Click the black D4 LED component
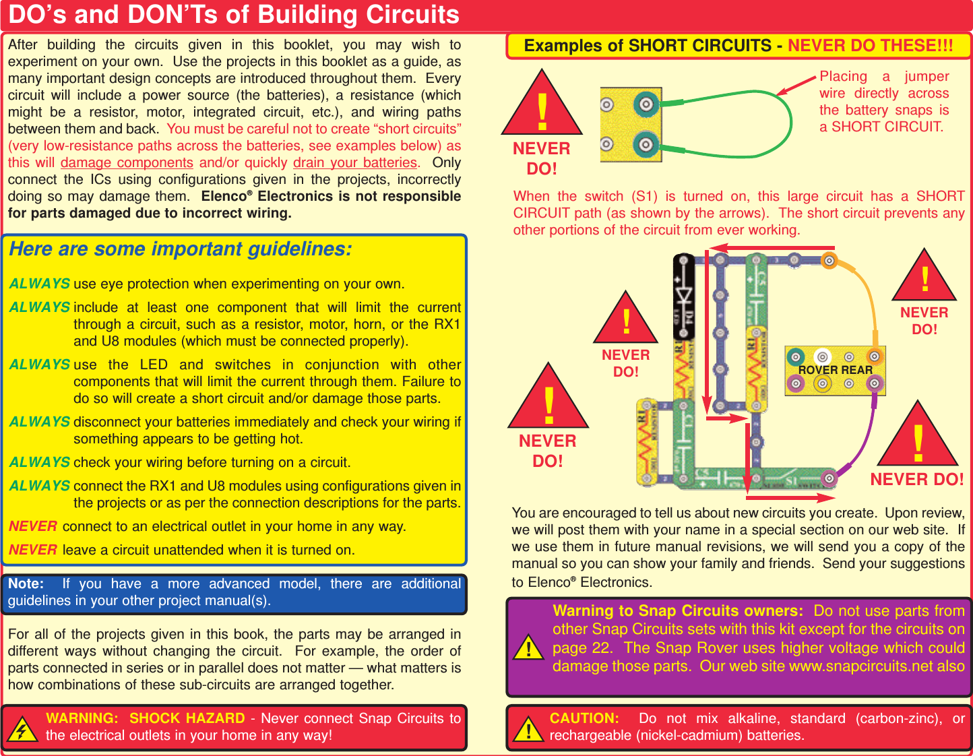[684, 296]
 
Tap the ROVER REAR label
[835, 370]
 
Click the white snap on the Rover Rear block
[821, 356]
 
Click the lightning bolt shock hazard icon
[22, 730]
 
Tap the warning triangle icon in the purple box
[529, 648]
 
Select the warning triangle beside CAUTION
[529, 730]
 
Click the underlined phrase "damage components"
[127, 163]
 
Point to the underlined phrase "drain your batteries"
[355, 163]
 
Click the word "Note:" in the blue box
[26, 584]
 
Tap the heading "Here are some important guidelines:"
[180, 249]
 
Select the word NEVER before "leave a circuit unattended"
[33, 550]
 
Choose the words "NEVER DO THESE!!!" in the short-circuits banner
[870, 46]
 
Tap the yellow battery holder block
[631, 125]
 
